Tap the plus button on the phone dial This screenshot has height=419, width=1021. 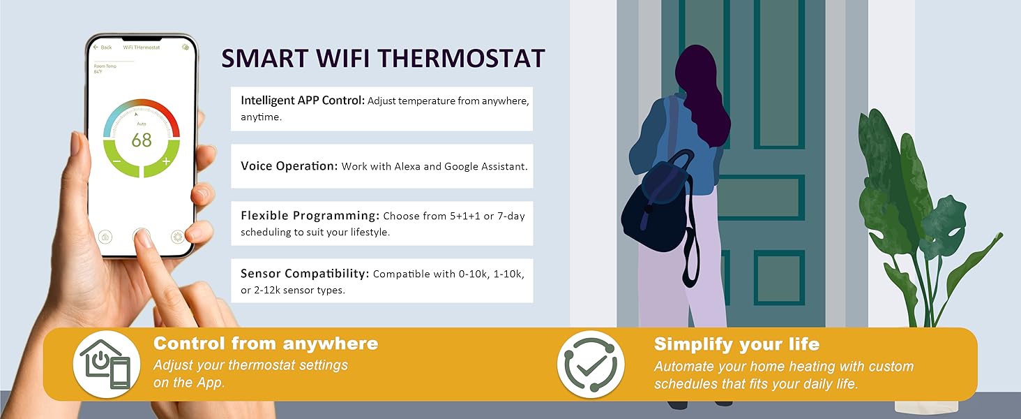tap(166, 161)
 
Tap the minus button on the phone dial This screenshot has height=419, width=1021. tap(116, 161)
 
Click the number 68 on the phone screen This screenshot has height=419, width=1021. tap(142, 140)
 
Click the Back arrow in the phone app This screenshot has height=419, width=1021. tap(96, 47)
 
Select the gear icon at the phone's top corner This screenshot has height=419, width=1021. tap(185, 47)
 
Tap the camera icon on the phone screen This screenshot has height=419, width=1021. tap(105, 237)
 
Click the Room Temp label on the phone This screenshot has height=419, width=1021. tap(105, 66)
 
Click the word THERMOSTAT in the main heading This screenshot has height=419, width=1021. tap(461, 59)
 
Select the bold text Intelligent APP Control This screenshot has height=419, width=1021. tap(303, 101)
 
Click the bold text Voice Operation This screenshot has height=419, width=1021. tap(289, 166)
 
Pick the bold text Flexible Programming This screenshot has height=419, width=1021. tap(310, 215)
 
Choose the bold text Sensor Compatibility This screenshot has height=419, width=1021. tap(305, 274)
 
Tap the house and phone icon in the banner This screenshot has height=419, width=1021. tap(107, 365)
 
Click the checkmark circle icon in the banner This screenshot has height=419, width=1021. tap(591, 365)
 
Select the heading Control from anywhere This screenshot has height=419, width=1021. tap(266, 344)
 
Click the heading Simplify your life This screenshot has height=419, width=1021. tap(736, 344)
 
